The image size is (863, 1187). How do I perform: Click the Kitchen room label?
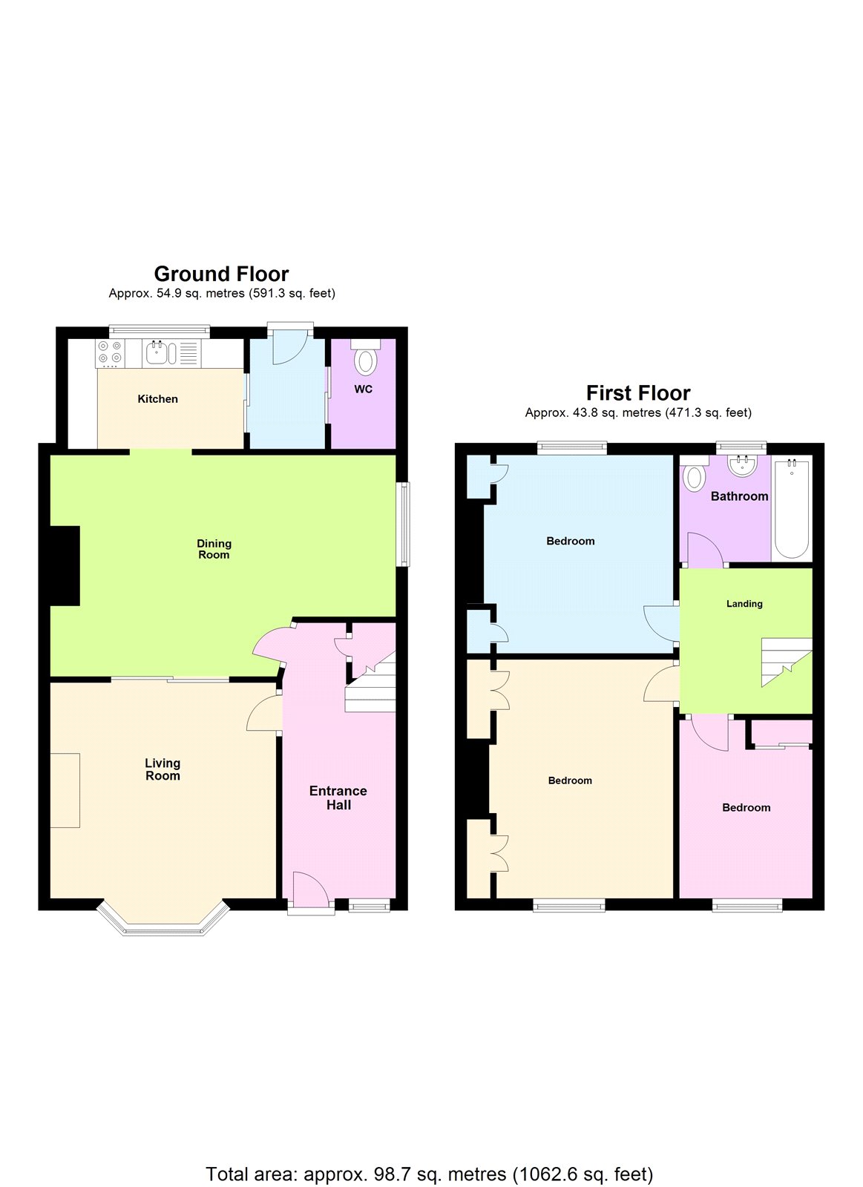(x=157, y=399)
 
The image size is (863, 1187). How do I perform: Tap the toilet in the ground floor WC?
(x=364, y=361)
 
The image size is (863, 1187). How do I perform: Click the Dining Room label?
(x=214, y=549)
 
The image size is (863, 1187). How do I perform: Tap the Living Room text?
(x=163, y=769)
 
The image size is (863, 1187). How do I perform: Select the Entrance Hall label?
(x=338, y=798)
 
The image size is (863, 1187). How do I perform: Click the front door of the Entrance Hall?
(x=310, y=894)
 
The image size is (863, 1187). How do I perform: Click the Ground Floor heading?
(x=221, y=274)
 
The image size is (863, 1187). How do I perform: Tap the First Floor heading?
(x=638, y=392)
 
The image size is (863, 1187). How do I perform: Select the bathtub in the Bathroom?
(x=792, y=508)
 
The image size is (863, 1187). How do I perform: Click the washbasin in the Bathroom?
(x=741, y=466)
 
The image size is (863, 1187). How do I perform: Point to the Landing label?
(x=744, y=604)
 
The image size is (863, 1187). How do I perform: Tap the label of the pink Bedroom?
(x=746, y=807)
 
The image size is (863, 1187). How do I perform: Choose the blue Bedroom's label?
(x=570, y=541)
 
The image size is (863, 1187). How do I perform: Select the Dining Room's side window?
(x=403, y=525)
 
